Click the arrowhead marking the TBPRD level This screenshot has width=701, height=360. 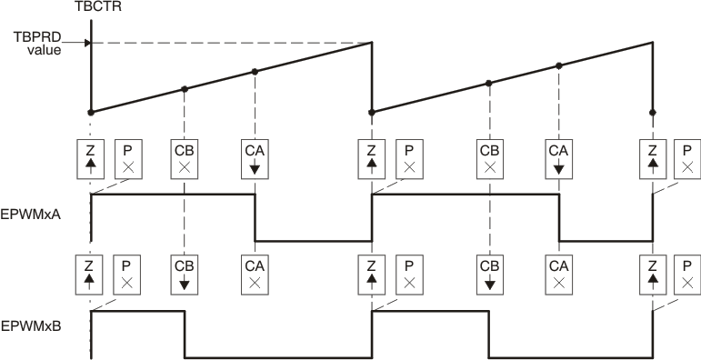point(87,42)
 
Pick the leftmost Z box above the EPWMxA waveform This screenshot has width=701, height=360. point(92,158)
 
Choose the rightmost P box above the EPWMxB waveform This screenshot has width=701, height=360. point(687,275)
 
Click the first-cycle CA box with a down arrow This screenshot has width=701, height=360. point(255,158)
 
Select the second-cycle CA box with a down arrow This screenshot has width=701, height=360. point(559,158)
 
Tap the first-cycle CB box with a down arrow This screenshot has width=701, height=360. point(185,275)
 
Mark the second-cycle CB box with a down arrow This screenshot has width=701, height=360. point(489,275)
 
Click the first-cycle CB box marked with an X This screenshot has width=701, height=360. point(185,158)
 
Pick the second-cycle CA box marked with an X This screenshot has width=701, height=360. point(559,275)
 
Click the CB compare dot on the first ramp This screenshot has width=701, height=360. point(185,89)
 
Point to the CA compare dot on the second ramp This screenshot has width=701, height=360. point(559,65)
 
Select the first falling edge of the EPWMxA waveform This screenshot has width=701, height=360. point(255,218)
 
